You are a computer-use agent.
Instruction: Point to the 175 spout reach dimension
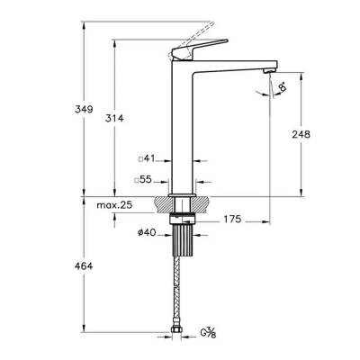coord(232,219)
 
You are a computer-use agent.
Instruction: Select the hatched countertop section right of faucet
coord(202,202)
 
